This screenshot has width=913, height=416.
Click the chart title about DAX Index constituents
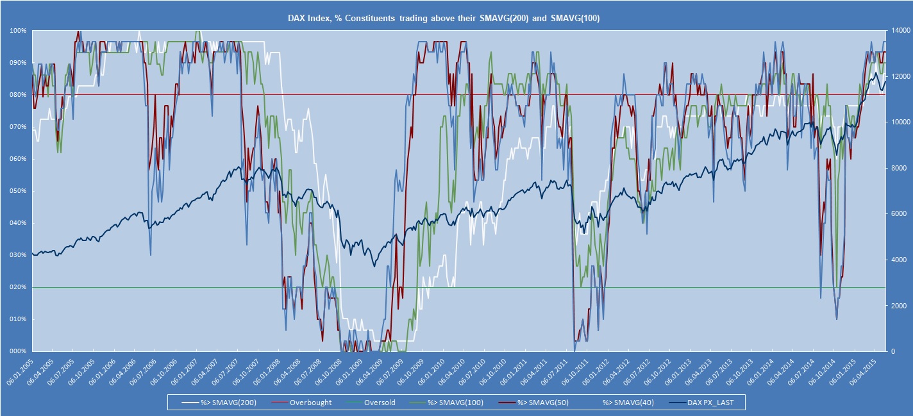pos(456,19)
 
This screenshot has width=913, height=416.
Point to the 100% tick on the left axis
pos(18,31)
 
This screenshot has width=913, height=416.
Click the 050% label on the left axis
pos(18,191)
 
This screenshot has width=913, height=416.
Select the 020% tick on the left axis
pos(18,287)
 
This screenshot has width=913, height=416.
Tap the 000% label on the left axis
pos(18,351)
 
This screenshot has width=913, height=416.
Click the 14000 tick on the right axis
pos(898,31)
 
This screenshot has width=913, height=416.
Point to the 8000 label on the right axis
pos(896,168)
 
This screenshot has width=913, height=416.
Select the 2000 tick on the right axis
pos(896,306)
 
